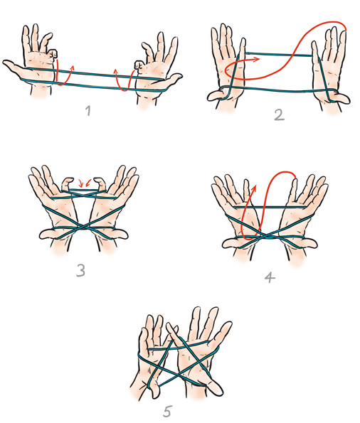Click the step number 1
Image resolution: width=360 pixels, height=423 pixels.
pos(88,111)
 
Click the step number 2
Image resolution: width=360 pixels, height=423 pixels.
pos(280,115)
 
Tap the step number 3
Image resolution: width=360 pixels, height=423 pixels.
pos(80,270)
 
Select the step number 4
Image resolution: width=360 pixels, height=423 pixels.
pos(270,277)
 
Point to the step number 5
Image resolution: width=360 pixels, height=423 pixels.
pos(167,412)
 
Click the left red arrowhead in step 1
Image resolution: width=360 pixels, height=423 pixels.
pos(72,68)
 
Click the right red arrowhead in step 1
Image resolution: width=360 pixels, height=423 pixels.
pos(115,72)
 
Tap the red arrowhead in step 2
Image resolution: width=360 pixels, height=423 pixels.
pos(257,58)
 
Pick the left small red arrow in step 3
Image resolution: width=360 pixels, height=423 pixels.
pos(80,183)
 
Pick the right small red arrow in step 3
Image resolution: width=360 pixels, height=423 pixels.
pos(88,183)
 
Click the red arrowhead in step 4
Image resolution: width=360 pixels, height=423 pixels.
pos(254,188)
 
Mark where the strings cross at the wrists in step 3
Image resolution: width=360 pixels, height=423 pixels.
pos(83,230)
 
